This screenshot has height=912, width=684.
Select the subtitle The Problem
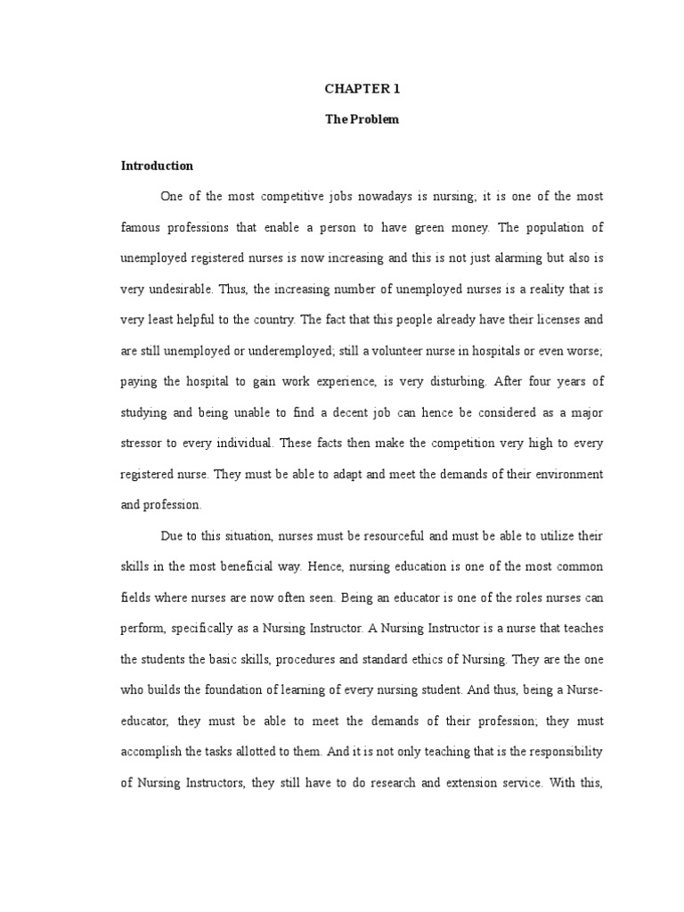362,119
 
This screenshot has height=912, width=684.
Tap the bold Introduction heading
157,166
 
